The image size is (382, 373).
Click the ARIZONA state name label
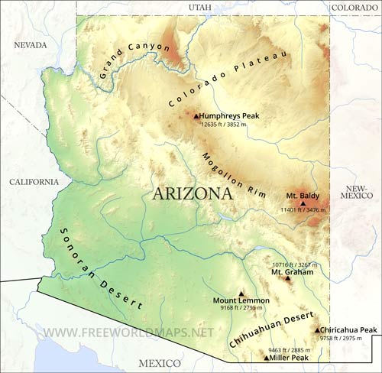193,193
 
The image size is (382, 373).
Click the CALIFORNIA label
33,182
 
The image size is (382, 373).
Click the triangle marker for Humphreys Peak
196,115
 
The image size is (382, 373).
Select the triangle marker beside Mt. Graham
288,278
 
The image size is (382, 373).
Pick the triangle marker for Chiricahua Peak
318,330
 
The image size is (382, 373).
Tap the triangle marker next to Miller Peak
266,358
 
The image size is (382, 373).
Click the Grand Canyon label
135,60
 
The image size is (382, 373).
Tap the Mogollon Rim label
232,175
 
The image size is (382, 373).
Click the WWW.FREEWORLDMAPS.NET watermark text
128,333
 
